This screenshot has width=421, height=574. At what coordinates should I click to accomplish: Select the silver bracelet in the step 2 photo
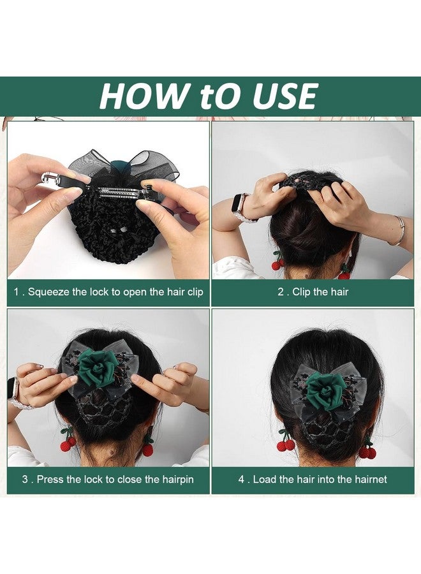click(399, 230)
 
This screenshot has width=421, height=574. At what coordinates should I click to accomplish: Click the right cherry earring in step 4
click(367, 450)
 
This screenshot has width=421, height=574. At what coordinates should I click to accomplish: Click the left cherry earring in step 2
click(277, 261)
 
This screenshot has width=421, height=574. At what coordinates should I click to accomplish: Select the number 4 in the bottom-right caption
click(242, 480)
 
